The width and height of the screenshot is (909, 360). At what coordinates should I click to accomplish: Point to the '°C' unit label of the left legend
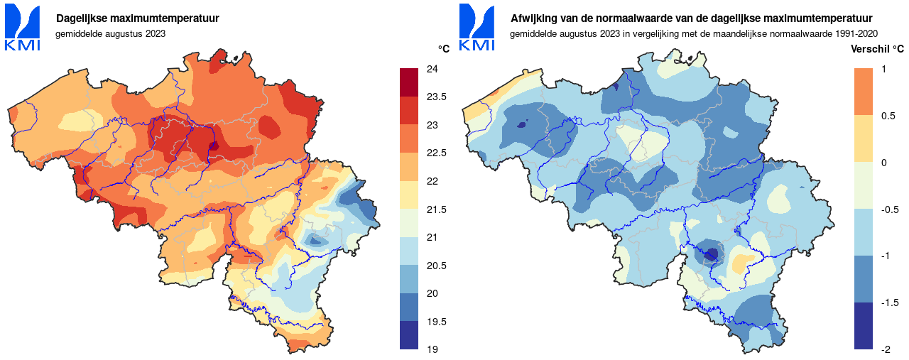444,49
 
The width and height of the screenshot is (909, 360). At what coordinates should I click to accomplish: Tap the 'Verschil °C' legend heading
877,49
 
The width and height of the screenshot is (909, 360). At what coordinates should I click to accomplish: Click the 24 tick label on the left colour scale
432,69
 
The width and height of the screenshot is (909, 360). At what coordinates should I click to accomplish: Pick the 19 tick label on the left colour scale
432,349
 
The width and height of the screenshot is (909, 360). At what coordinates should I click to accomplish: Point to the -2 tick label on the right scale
885,349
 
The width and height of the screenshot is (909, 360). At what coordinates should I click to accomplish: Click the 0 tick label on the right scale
883,163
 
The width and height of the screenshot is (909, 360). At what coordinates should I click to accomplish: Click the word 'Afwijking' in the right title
535,18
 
